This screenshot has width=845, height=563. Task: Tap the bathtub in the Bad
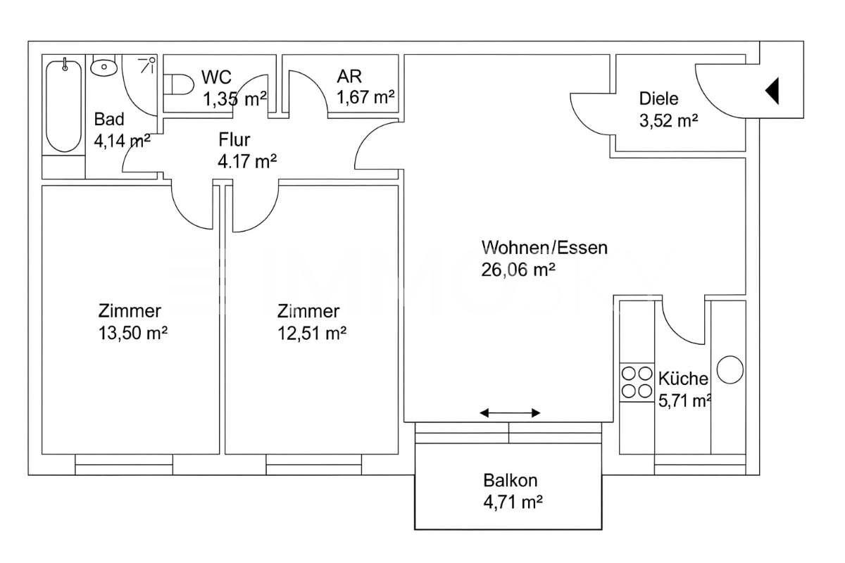(64, 106)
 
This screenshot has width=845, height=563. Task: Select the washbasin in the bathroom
(104, 68)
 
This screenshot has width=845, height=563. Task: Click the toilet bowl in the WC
(180, 86)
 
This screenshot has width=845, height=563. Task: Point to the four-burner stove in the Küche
(637, 381)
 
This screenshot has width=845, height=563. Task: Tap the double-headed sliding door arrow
(511, 412)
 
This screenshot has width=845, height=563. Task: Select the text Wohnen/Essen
(544, 248)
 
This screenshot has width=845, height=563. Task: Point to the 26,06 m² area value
(519, 269)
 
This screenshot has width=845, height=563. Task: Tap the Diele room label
(658, 99)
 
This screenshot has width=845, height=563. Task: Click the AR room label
(349, 76)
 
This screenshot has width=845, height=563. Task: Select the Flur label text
(234, 139)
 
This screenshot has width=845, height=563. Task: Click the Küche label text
(683, 379)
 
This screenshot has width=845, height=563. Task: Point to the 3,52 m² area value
(668, 120)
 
